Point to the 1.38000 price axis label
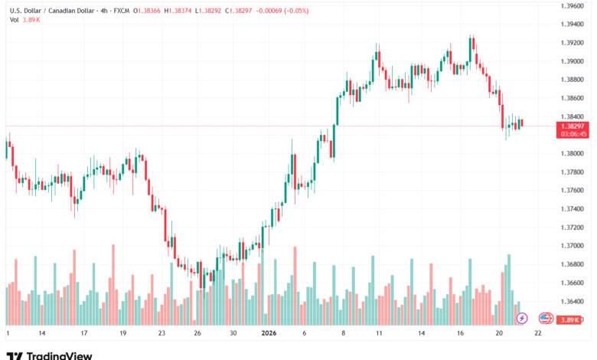[x=573, y=153]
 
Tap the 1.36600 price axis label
[x=573, y=283]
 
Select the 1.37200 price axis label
[x=573, y=227]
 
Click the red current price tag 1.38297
[x=573, y=125]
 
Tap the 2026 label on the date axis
[x=269, y=333]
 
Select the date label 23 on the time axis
[x=161, y=333]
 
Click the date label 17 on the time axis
[x=83, y=333]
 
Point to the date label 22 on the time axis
[x=538, y=333]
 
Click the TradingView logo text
[x=59, y=355]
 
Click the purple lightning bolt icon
[x=522, y=318]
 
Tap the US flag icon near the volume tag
[x=546, y=318]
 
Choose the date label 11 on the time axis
[x=378, y=333]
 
